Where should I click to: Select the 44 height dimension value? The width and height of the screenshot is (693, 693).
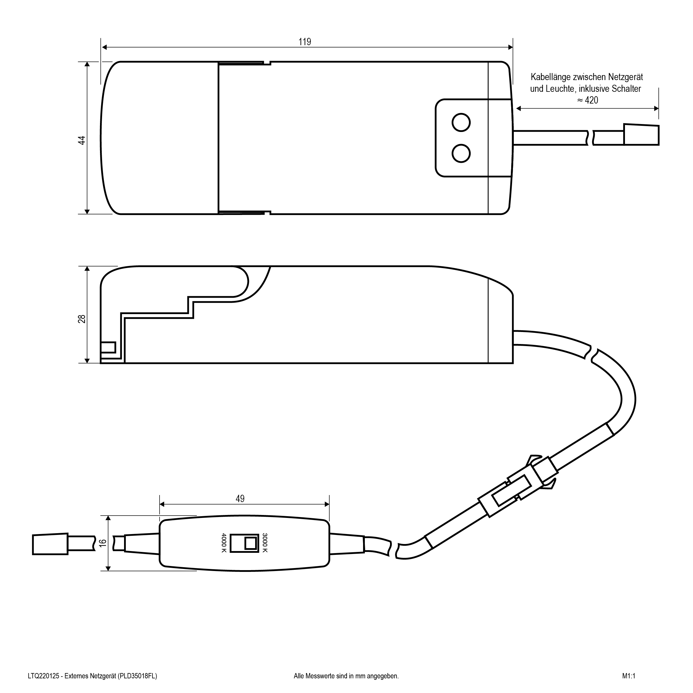point(82,140)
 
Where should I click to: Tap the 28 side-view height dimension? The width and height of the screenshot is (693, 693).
point(82,319)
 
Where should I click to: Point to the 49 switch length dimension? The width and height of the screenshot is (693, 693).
point(240,499)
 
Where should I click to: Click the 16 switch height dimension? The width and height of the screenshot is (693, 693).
point(103,543)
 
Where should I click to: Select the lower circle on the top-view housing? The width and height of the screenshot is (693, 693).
point(461,153)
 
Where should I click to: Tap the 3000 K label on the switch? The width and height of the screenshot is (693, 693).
point(265,543)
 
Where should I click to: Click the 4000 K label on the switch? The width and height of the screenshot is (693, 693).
point(224,543)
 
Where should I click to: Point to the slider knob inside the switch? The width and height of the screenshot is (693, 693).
point(251,543)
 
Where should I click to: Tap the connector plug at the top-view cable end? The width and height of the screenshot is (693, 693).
point(641,135)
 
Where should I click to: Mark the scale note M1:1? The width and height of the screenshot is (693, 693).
point(629,676)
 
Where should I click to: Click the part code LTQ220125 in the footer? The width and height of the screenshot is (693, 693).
point(43,676)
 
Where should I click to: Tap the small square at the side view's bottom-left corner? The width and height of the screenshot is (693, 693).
point(108,348)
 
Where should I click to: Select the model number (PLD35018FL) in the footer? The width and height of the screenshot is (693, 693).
point(137,676)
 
